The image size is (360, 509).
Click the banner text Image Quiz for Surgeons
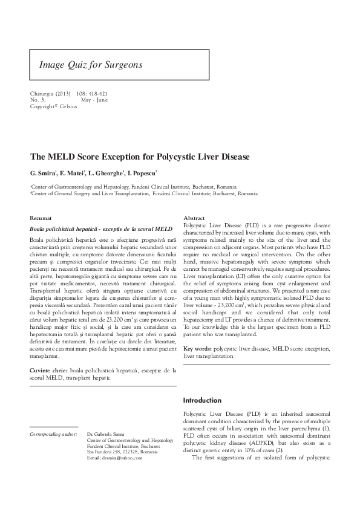90,63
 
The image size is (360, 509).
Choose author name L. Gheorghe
105,172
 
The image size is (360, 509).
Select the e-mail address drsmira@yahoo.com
115,458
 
